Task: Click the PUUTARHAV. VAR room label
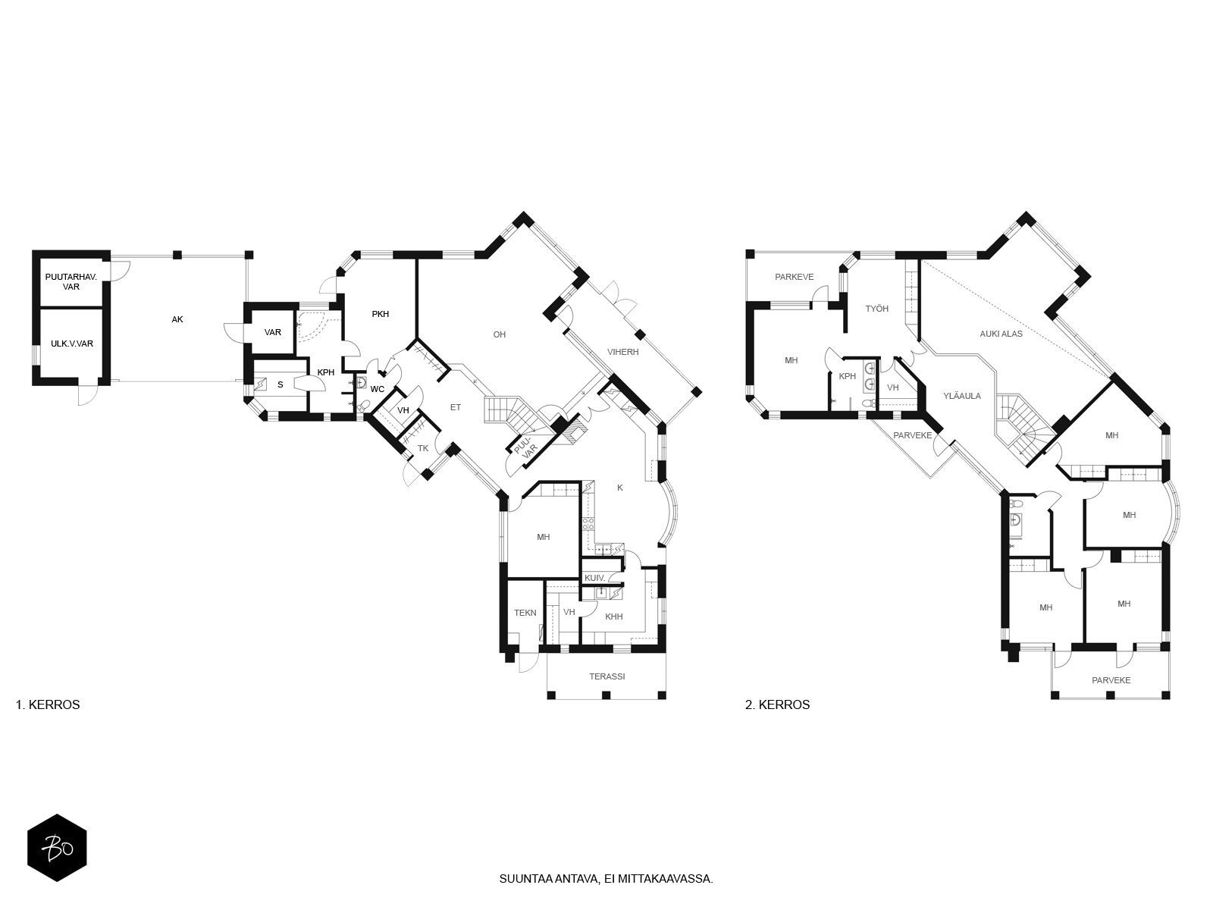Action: [x=71, y=282]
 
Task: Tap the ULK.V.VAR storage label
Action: [x=72, y=344]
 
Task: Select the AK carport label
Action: [x=177, y=319]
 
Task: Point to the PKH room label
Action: [x=381, y=314]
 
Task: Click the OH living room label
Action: [x=499, y=334]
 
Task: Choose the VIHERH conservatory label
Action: [x=623, y=351]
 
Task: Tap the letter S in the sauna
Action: [x=281, y=384]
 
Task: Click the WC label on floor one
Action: [x=378, y=389]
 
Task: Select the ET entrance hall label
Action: [x=456, y=407]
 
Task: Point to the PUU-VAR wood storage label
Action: [x=525, y=445]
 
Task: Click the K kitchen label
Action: [x=620, y=488]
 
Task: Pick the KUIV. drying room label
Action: [x=595, y=578]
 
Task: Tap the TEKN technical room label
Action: [x=525, y=613]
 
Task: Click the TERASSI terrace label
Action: [x=606, y=676]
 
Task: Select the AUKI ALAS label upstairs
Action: [x=1001, y=334]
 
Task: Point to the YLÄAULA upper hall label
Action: [x=962, y=396]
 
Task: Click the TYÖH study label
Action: [x=877, y=309]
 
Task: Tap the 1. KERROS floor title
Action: [x=48, y=704]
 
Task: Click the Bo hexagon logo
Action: [x=57, y=848]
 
